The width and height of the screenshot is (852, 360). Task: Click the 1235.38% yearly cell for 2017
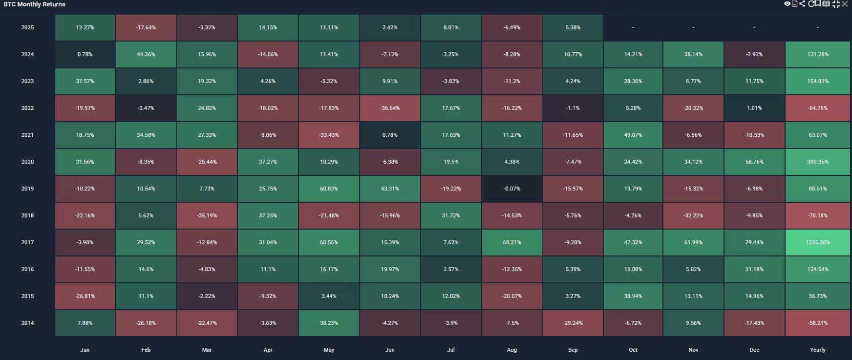pos(817,242)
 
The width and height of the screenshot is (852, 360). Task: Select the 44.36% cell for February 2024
pos(146,54)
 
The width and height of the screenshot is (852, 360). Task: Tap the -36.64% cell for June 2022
pos(389,108)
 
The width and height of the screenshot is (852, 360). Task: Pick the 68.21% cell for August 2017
pos(511,242)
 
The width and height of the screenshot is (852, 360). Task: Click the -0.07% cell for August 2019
pos(511,189)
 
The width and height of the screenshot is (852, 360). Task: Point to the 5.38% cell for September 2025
pos(573,27)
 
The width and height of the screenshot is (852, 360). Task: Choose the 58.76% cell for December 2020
pos(754,162)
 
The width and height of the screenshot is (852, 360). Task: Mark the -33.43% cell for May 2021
pos(328,135)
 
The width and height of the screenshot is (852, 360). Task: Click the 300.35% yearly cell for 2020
pos(817,162)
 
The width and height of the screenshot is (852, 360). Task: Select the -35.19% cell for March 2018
pos(207,215)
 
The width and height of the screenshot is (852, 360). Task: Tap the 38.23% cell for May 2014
pos(328,323)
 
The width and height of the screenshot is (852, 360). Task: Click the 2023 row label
pos(27,81)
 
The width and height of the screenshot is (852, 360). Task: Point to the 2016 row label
pos(27,269)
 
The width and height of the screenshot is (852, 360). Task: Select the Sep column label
pos(573,350)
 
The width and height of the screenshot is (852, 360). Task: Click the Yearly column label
pos(817,350)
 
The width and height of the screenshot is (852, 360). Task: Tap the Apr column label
pos(268,350)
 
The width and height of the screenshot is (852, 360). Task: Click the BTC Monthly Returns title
pos(34,4)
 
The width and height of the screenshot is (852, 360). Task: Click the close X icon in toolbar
pos(845,4)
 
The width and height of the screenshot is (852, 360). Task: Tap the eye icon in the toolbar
pos(787,4)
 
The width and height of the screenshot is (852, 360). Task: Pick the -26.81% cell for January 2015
pos(85,296)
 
